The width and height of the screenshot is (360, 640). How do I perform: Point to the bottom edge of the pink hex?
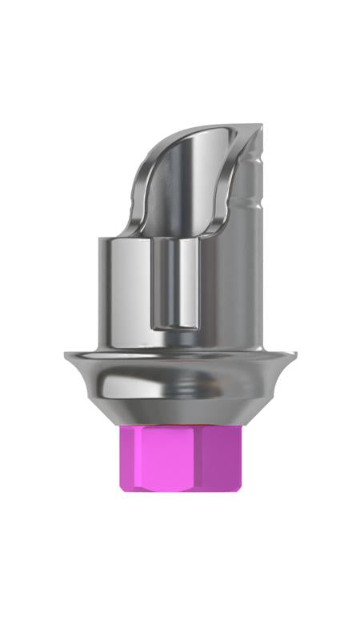[x=180, y=490]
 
